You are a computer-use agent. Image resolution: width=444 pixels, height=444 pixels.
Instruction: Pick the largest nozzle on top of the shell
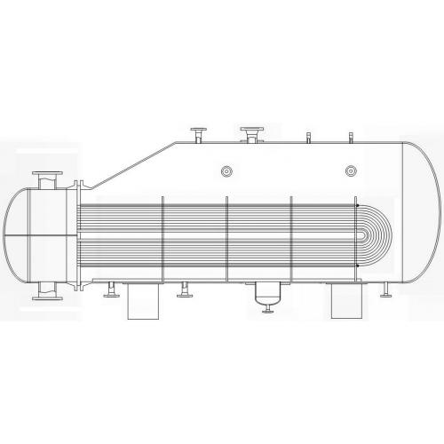click(252, 133)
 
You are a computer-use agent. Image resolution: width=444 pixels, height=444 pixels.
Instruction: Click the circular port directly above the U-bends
click(351, 169)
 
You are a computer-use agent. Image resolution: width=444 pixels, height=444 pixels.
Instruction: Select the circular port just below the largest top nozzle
click(227, 169)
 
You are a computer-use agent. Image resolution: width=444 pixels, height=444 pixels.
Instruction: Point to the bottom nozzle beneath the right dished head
click(388, 289)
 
